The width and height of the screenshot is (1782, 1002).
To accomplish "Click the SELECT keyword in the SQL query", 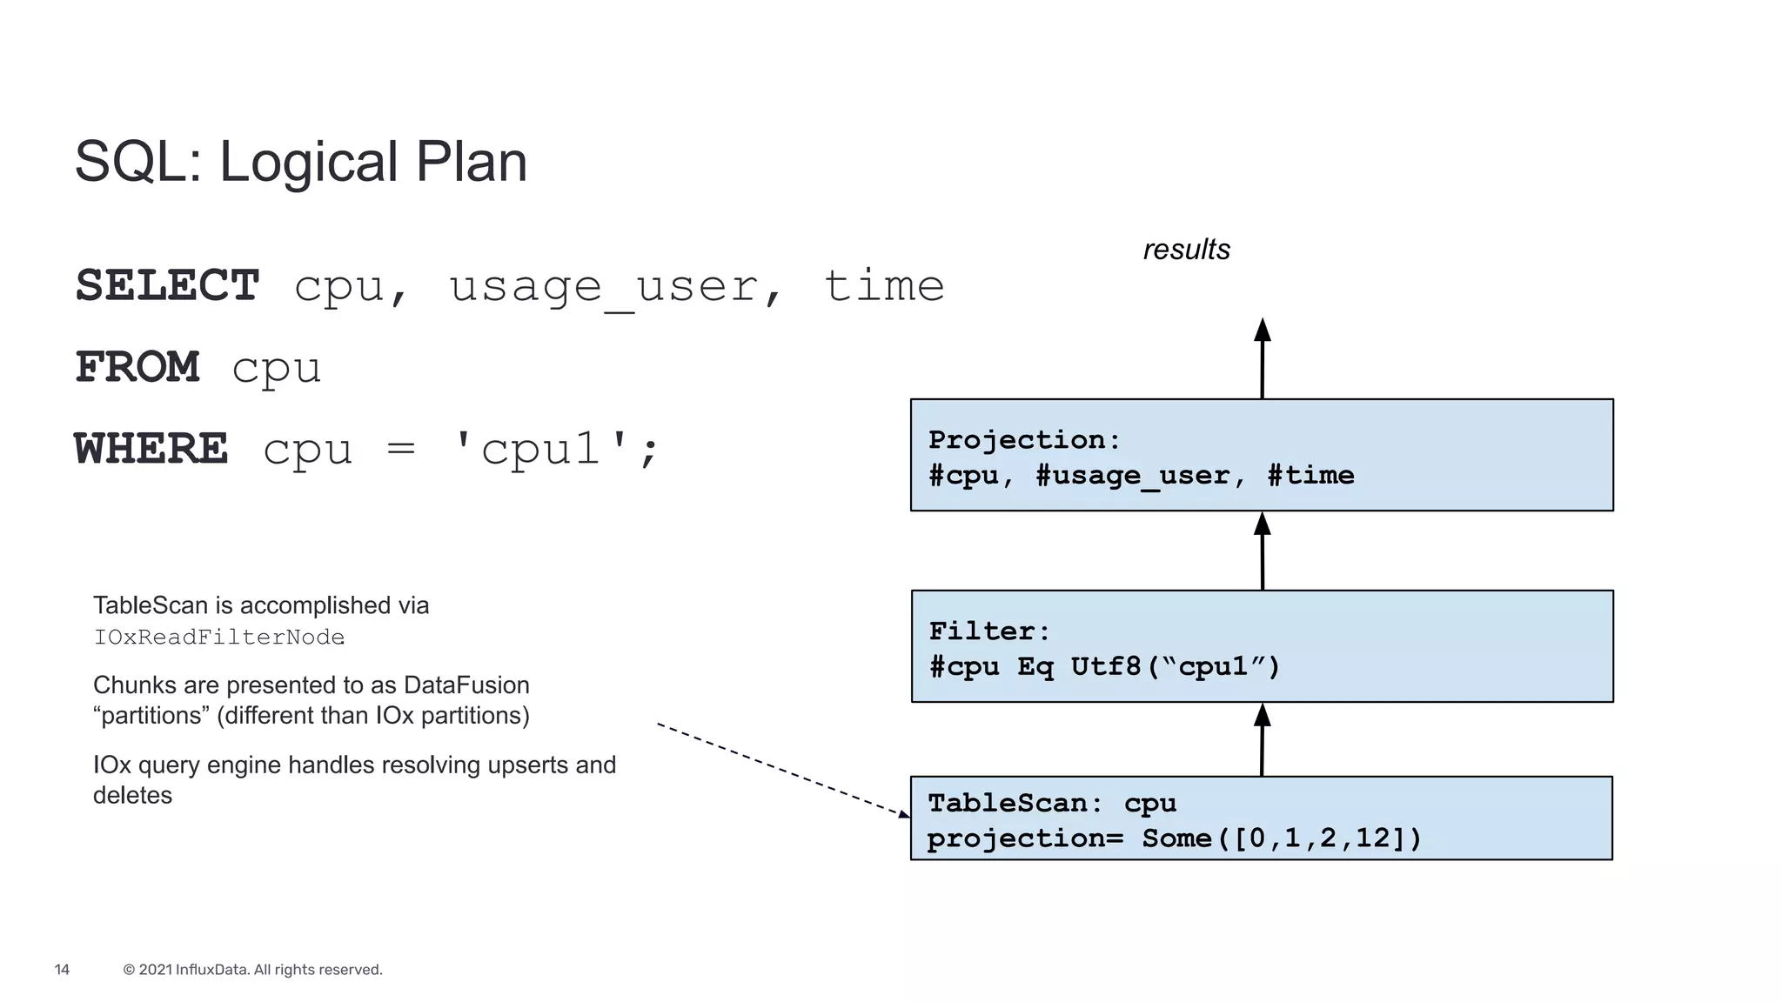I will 167,285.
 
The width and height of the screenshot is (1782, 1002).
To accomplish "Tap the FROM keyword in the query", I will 137,367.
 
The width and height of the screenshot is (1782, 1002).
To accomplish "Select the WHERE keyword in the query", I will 151,449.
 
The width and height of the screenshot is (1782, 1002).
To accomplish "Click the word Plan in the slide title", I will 471,162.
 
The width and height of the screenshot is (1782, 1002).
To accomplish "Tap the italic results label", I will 1186,250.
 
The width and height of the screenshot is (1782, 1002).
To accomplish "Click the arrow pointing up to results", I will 1263,358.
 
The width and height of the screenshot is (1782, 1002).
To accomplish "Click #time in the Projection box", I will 1310,475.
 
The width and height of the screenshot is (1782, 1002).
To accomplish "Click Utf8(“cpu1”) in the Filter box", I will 1175,666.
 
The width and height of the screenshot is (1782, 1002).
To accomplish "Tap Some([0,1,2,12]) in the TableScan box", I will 1282,838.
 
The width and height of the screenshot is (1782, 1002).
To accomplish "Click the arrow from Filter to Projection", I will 1263,551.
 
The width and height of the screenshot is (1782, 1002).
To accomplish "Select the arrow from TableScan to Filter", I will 1263,739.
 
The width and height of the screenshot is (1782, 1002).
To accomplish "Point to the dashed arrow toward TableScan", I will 783,770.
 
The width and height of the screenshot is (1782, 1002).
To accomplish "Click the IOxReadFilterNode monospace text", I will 219,638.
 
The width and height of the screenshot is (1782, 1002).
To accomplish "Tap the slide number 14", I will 62,970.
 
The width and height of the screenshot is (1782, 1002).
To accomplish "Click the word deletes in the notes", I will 132,795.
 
